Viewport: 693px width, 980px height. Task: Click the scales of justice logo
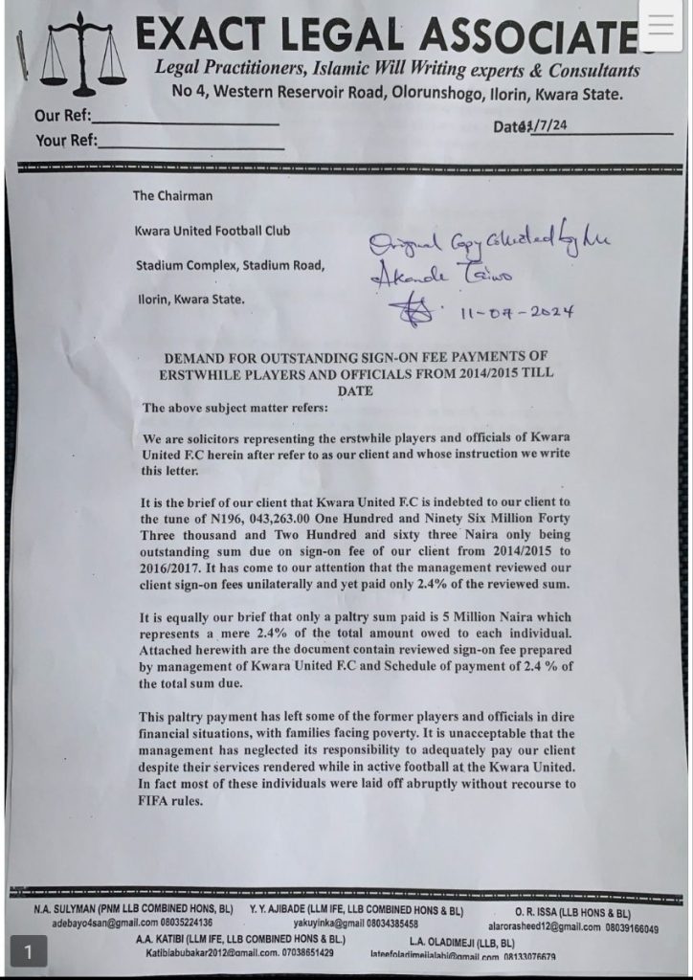click(x=86, y=57)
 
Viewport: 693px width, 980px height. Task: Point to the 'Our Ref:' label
click(x=62, y=117)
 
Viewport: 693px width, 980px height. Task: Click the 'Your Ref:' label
click(x=65, y=141)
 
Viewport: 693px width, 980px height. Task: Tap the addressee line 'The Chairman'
click(x=172, y=196)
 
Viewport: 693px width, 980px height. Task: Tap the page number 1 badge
click(x=29, y=951)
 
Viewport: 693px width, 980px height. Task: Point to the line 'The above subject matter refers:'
click(x=235, y=408)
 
